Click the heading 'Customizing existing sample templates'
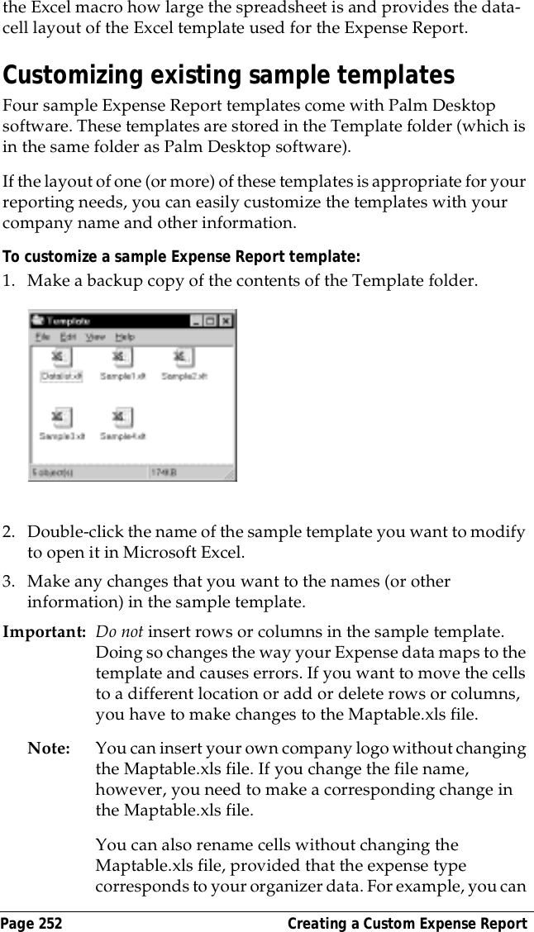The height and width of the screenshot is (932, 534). click(x=229, y=76)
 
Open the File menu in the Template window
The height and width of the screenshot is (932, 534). click(x=42, y=337)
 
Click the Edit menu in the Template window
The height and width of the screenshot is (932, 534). click(x=68, y=337)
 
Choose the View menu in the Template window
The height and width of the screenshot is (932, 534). click(x=95, y=337)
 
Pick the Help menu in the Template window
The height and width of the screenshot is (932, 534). click(x=124, y=337)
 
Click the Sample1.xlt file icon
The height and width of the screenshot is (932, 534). click(x=122, y=357)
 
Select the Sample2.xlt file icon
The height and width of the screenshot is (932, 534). click(x=183, y=357)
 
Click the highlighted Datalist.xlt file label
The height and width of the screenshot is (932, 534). click(x=61, y=376)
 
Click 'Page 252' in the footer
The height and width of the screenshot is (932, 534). click(x=32, y=923)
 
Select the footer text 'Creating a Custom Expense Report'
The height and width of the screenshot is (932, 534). click(x=407, y=923)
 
